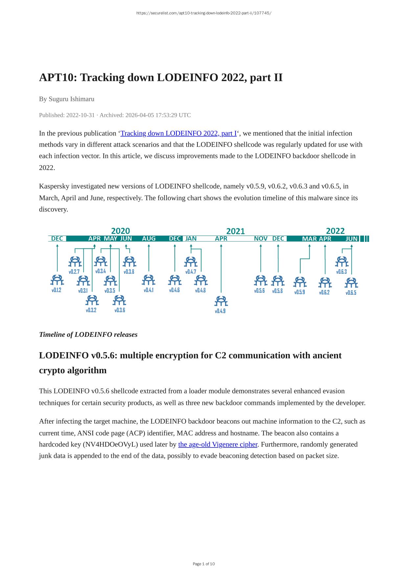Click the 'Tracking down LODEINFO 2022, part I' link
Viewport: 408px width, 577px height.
tap(178, 133)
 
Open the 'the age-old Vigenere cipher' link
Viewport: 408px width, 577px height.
tap(217, 445)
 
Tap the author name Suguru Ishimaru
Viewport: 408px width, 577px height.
tap(71, 99)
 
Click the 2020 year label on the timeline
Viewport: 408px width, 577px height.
tap(121, 231)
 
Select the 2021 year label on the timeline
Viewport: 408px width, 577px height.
tap(236, 231)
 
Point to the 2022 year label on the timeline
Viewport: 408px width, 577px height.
tap(335, 231)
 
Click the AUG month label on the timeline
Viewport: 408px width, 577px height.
tap(149, 239)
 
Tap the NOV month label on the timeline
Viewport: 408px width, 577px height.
tap(261, 239)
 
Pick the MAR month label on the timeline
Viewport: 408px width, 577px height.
tap(309, 239)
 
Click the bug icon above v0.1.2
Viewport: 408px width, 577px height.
tap(57, 280)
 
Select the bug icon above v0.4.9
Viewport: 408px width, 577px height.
tap(221, 301)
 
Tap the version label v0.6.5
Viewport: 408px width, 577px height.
tap(351, 293)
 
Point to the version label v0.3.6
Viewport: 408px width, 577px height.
tap(120, 310)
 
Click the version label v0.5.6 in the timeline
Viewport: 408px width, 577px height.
tap(259, 291)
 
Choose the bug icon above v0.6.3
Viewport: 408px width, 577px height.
tap(342, 262)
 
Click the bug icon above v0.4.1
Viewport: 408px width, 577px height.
tap(148, 280)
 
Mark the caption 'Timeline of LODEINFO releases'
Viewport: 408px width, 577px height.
tap(88, 335)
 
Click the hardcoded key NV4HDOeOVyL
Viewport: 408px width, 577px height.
tap(110, 445)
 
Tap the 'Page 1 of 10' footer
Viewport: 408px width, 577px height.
tap(204, 564)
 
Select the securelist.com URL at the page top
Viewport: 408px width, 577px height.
tap(204, 13)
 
